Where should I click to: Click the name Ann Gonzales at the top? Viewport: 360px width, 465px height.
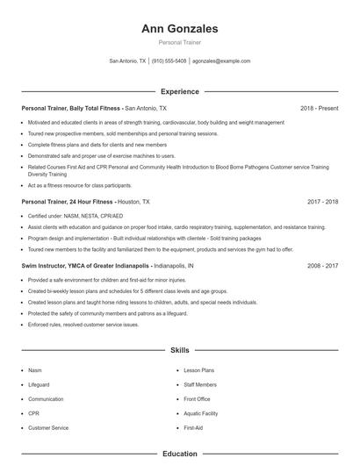(179, 28)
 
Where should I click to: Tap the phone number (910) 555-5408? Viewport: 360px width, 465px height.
(169, 61)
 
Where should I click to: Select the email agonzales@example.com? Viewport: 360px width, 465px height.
(221, 61)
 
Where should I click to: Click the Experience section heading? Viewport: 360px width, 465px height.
(179, 91)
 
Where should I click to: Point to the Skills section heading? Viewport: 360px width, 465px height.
(179, 350)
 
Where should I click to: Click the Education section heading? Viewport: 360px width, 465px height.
(179, 454)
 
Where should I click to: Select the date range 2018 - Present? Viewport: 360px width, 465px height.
(319, 108)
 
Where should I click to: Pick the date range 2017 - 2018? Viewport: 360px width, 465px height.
(322, 201)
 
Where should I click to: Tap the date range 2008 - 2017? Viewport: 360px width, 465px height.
(322, 265)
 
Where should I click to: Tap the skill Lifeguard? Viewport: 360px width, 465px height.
(39, 384)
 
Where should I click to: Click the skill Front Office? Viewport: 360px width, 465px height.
(196, 398)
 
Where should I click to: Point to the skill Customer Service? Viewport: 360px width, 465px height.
(48, 427)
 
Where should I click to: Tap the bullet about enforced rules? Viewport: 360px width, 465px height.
(83, 325)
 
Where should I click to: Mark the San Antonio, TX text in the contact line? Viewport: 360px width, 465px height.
(127, 61)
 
